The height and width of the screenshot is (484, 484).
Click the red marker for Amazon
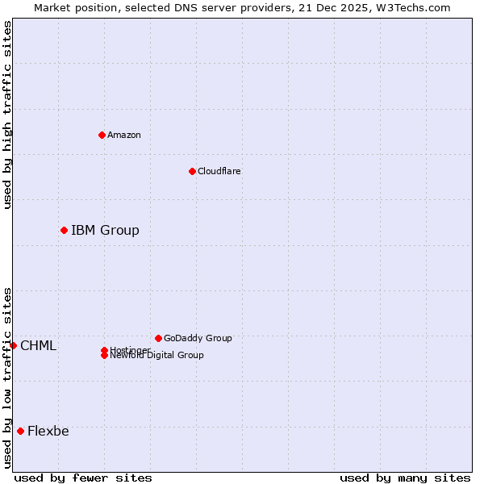(102, 135)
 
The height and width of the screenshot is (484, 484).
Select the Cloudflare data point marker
(192, 171)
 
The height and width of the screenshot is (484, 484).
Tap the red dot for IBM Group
(64, 230)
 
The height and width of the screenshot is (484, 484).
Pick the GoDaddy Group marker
(158, 338)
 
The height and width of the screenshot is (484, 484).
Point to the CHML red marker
(13, 345)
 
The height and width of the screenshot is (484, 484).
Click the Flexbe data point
(20, 431)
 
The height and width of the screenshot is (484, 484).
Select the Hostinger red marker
(104, 350)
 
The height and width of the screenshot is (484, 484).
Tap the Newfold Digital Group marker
(104, 356)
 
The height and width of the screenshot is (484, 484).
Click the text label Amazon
(124, 135)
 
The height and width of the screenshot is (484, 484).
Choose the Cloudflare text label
(219, 171)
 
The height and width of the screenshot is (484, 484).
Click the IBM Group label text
(105, 231)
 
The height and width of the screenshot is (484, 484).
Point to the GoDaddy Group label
(198, 338)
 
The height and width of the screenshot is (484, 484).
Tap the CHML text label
(38, 346)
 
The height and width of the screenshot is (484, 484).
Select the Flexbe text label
(48, 431)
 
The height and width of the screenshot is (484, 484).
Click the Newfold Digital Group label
(157, 356)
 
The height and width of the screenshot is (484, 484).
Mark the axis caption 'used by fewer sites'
(83, 478)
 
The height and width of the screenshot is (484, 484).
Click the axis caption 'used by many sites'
(405, 478)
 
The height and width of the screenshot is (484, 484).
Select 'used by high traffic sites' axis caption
(7, 115)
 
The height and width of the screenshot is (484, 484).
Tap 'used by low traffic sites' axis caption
(7, 378)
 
